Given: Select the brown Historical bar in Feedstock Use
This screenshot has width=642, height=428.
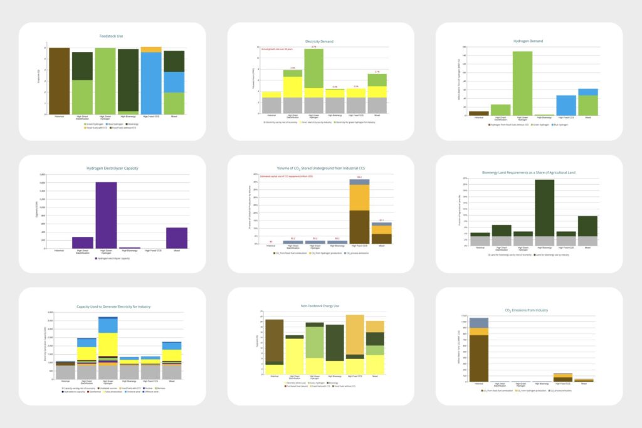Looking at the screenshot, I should [x=60, y=81].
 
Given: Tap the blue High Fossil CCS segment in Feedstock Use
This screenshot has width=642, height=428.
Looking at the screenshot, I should [x=151, y=83].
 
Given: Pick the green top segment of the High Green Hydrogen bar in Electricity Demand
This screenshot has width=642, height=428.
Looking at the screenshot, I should [x=313, y=68].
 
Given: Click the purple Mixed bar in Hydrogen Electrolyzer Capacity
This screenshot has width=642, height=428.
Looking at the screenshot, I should [x=176, y=237].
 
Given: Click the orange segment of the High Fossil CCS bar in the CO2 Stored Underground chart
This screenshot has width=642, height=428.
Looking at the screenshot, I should [x=359, y=197].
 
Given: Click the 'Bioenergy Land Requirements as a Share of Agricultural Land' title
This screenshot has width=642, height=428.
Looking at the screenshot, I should [x=529, y=172].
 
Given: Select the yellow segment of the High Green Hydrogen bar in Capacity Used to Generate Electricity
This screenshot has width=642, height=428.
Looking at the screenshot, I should [x=108, y=345].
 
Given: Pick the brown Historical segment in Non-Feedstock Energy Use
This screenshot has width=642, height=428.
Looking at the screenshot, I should [x=275, y=340].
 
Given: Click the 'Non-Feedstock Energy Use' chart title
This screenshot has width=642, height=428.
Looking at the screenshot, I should [x=320, y=306].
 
